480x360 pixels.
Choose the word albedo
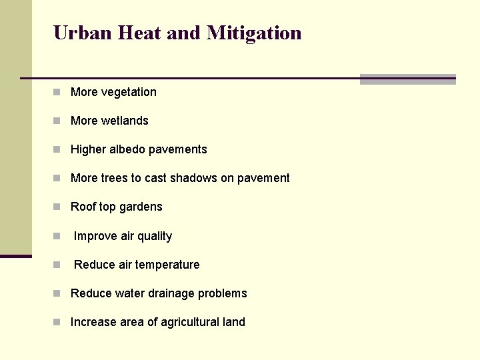(131, 149)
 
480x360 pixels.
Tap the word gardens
(141, 207)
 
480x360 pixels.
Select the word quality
(155, 237)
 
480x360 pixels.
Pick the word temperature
(167, 265)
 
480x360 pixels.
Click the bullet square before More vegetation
(59, 93)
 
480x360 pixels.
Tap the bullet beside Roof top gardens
(59, 207)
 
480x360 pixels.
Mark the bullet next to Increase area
(59, 323)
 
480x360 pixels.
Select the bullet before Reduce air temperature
(59, 265)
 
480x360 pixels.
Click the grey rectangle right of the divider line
(407, 79)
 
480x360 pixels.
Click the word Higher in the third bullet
(89, 149)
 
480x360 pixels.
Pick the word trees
(115, 178)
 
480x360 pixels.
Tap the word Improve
(95, 237)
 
